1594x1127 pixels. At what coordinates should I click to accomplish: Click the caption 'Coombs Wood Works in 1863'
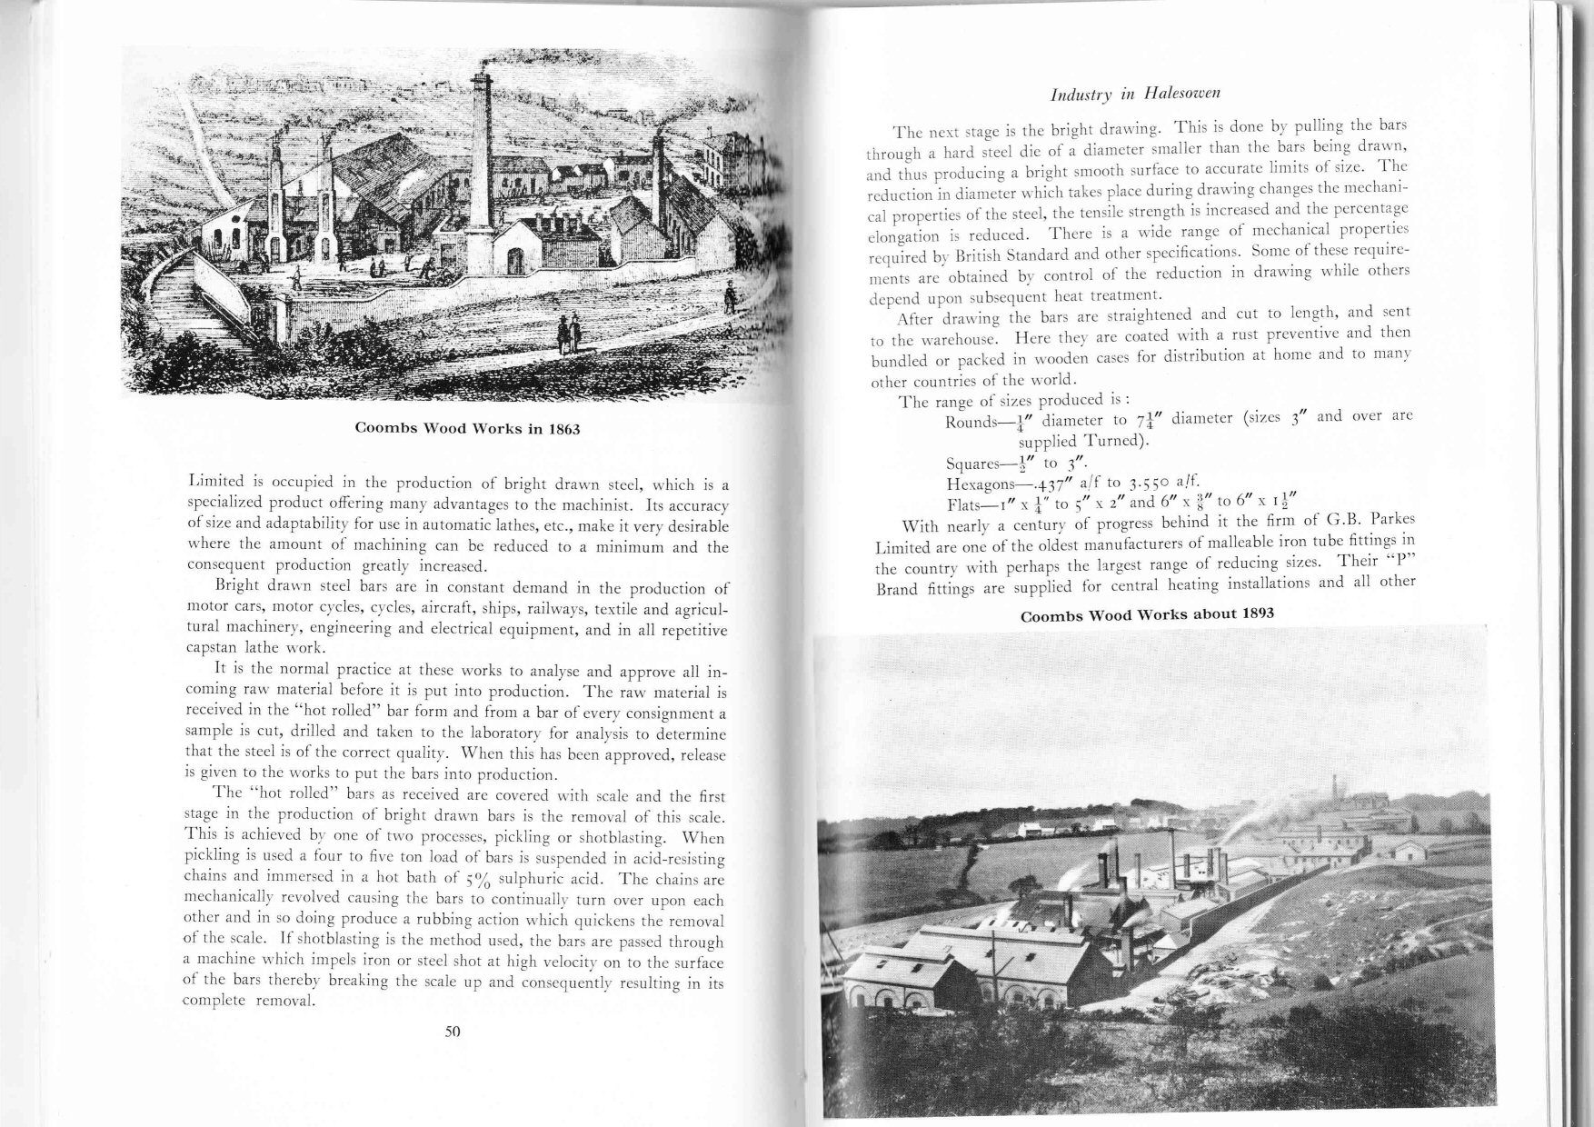coord(466,428)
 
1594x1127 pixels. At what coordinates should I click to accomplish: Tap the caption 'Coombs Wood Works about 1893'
coord(1147,614)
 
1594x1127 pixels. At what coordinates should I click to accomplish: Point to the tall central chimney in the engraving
coord(482,164)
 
